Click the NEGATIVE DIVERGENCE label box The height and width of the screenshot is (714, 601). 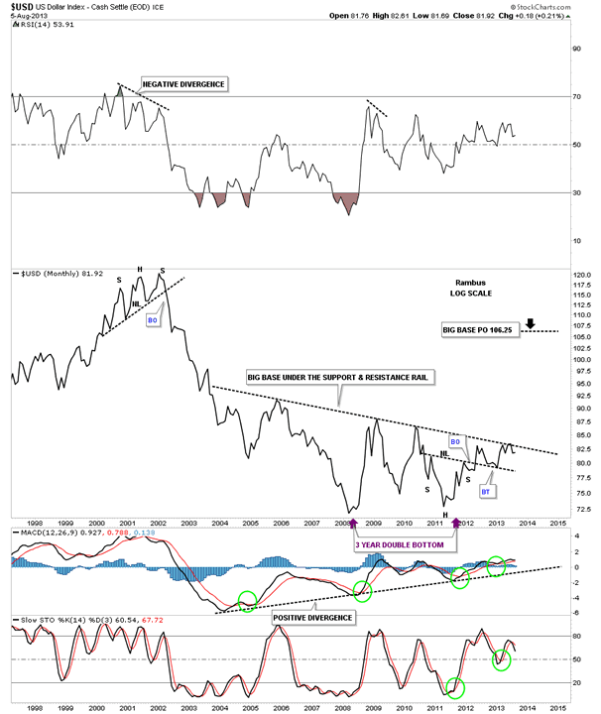[184, 84]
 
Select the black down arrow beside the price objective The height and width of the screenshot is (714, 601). [532, 323]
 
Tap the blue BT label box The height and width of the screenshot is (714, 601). [487, 491]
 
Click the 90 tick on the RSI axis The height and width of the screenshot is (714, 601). [572, 48]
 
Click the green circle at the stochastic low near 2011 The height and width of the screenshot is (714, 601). [454, 686]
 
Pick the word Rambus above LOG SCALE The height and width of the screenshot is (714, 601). [456, 280]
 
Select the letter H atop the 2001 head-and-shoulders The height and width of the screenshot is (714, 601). [140, 270]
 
